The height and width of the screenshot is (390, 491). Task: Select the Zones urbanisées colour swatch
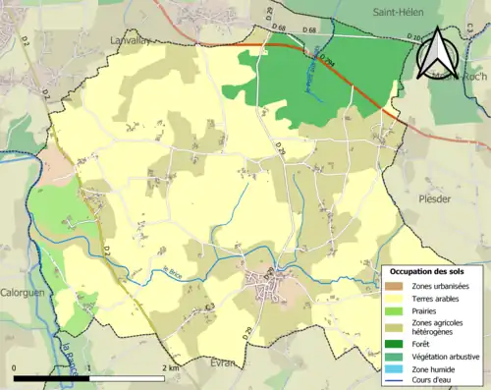pos(394,285)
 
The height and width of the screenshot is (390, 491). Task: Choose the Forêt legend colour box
pos(394,343)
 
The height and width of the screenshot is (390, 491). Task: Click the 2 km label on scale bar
pos(171,368)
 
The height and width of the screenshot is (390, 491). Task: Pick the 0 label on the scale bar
pos(14,368)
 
